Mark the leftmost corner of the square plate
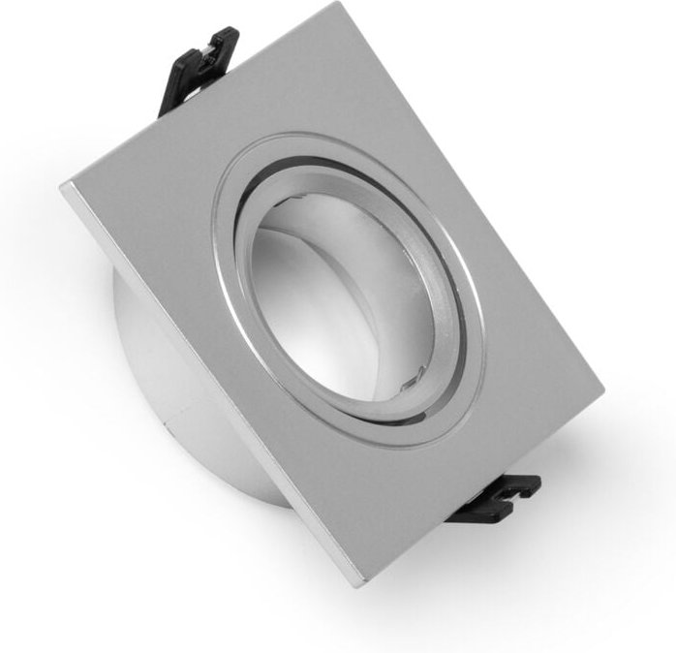(62, 184)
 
